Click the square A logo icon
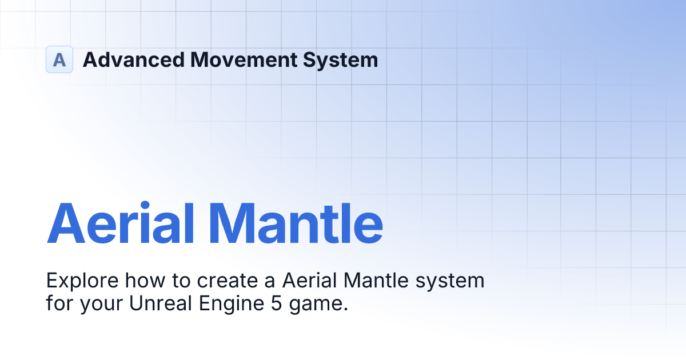[x=59, y=59]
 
